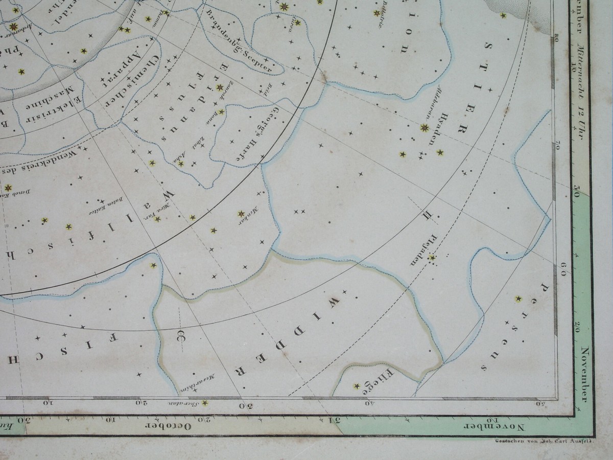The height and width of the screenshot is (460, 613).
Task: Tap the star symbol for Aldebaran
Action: coord(425,127)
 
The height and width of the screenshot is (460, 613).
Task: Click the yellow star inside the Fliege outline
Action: coord(357,386)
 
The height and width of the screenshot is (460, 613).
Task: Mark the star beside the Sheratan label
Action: coord(205,403)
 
